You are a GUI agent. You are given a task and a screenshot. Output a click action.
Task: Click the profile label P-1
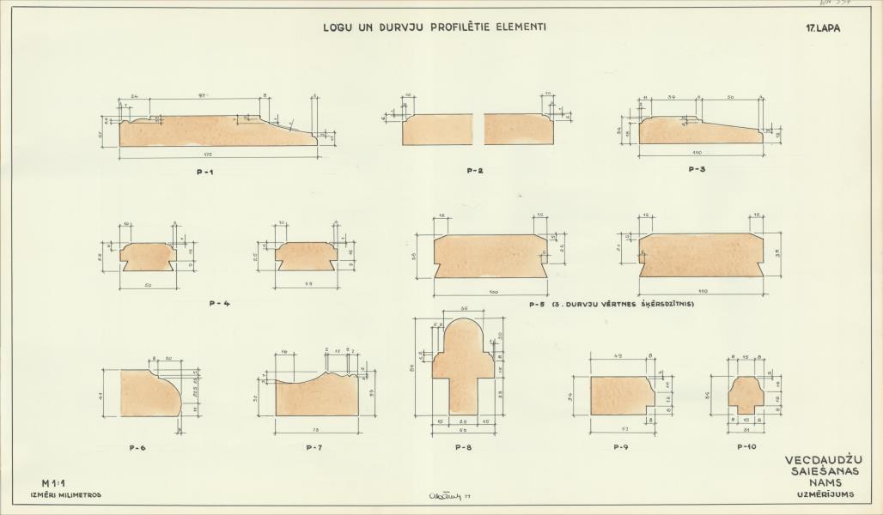click(204, 173)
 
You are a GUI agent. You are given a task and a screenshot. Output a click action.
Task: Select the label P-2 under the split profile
click(474, 171)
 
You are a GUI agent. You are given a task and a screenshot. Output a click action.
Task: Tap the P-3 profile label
click(697, 170)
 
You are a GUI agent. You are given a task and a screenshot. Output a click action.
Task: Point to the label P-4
click(219, 303)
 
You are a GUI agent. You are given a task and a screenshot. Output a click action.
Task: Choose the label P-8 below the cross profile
click(463, 447)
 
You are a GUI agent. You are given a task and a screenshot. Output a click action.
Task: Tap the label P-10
click(746, 447)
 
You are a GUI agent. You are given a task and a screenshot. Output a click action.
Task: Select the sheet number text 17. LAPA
click(822, 27)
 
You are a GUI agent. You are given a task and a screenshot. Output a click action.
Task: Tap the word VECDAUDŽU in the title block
click(819, 459)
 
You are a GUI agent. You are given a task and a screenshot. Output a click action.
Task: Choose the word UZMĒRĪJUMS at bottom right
click(819, 495)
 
